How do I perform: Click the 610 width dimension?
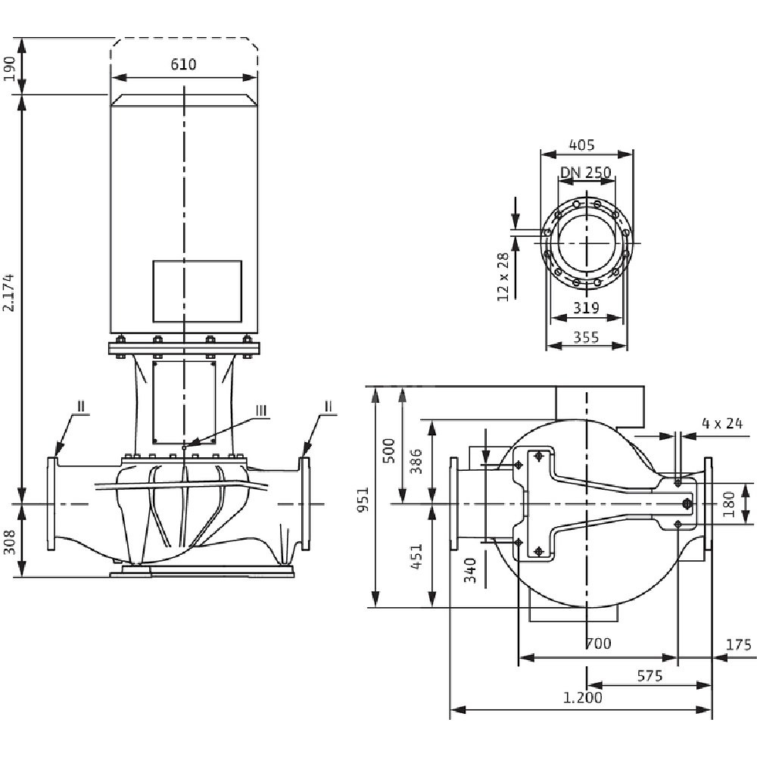(x=182, y=64)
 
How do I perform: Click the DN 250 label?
(x=585, y=173)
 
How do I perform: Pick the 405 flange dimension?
(x=581, y=144)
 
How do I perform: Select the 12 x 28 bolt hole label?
(x=503, y=277)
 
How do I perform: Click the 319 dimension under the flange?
(x=586, y=308)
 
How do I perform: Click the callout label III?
(x=261, y=410)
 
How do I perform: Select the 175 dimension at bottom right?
(x=737, y=645)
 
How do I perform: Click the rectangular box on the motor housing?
(x=197, y=291)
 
